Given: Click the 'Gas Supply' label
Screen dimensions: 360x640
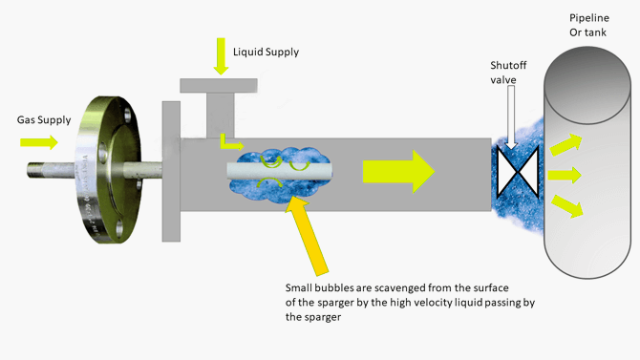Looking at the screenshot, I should click(x=41, y=120).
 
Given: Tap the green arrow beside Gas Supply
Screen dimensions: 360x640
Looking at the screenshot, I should click(x=39, y=142).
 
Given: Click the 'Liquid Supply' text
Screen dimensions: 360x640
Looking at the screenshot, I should click(x=266, y=52).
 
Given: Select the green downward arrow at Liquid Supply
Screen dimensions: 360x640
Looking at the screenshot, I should click(x=221, y=57).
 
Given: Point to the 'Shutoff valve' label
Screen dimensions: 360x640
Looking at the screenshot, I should click(x=508, y=73).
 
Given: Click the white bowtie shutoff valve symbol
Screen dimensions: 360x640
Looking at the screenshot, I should click(x=518, y=173).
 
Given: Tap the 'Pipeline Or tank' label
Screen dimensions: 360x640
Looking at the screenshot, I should click(x=588, y=26).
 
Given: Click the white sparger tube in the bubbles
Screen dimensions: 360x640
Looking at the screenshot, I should click(x=277, y=172).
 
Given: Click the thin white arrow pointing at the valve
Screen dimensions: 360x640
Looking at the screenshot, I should click(x=512, y=120).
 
